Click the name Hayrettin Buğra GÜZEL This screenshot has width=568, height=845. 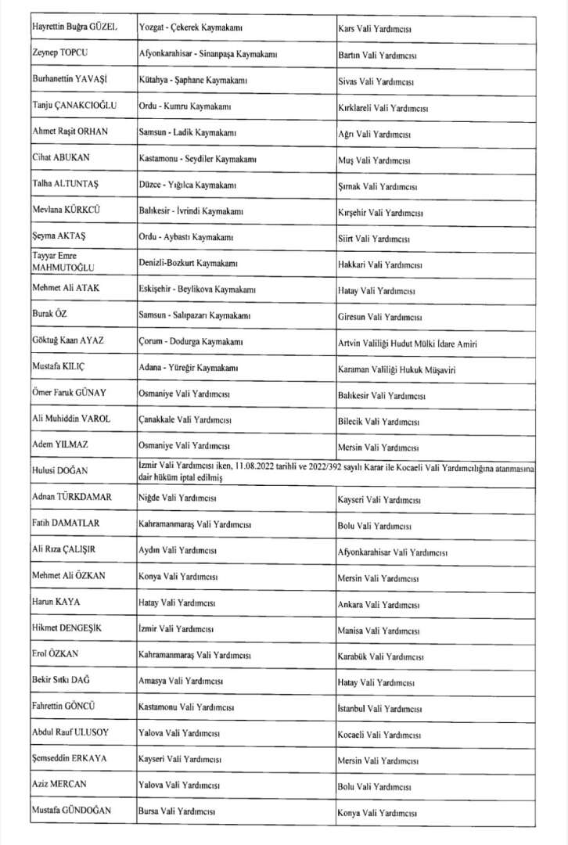[74, 28]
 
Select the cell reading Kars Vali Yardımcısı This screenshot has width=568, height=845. [375, 30]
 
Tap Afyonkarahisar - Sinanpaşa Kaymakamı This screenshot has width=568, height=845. [207, 56]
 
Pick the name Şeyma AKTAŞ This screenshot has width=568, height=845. [59, 236]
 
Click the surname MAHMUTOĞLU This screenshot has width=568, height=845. [62, 268]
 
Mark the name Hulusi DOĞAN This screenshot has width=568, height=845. [59, 471]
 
